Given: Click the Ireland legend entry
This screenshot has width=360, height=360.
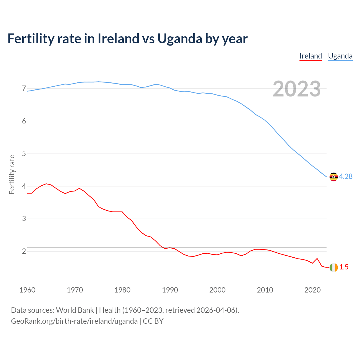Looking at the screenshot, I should (x=310, y=56).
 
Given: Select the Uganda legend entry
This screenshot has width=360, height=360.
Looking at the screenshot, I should (x=340, y=56).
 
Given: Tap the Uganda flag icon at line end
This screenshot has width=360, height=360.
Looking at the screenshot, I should (x=334, y=177).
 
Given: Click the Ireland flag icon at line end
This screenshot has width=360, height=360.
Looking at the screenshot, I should (x=334, y=267).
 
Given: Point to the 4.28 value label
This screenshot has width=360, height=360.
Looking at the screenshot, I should (x=346, y=176).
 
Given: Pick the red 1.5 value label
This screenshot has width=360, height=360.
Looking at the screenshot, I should (x=344, y=267).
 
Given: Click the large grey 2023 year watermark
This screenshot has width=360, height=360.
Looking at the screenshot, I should (x=296, y=89).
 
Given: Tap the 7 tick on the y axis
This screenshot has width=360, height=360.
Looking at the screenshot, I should (x=24, y=89).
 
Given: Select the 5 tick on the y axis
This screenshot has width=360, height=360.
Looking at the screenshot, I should (x=24, y=154).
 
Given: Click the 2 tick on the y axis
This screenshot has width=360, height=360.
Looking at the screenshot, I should (x=24, y=251).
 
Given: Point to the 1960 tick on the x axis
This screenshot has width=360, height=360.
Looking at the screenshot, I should (x=27, y=290).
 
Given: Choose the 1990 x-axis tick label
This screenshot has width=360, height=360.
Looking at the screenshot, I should (x=170, y=290).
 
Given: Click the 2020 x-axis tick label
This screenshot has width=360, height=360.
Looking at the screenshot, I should (x=312, y=290).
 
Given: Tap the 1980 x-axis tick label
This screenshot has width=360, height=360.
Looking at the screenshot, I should (x=122, y=290).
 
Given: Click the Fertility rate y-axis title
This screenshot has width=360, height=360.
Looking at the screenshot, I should (x=12, y=174).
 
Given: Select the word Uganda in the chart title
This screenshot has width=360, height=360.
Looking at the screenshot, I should (x=180, y=39).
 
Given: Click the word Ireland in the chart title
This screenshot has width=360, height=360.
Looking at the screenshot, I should (x=118, y=39).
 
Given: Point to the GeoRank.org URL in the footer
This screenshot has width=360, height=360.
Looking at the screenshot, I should (x=74, y=321).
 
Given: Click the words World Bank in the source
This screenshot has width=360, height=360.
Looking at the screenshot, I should (x=75, y=310).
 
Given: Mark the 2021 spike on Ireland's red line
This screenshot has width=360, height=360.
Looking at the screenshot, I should (x=317, y=258).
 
